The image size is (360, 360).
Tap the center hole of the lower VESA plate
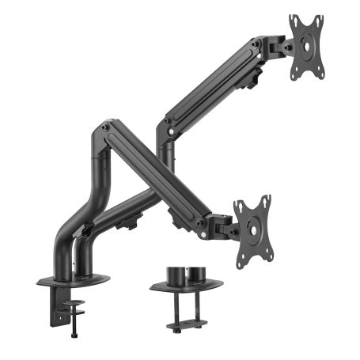(252, 229)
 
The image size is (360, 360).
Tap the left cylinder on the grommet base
(175, 274)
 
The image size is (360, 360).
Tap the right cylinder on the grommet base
(195, 274)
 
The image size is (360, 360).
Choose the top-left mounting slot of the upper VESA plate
(294, 22)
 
